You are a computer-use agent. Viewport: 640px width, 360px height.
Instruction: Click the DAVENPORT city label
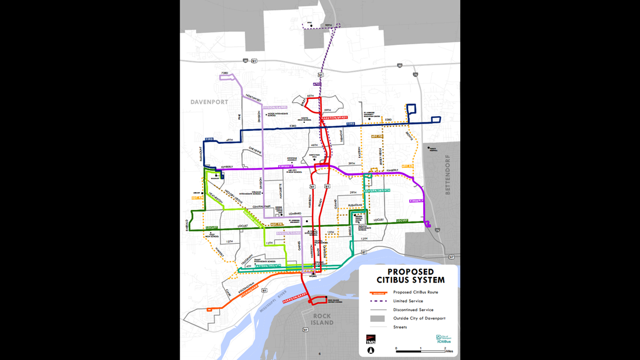click(209, 102)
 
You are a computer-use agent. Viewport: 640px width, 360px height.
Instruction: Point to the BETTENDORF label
click(447, 175)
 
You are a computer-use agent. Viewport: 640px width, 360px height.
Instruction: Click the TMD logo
click(371, 339)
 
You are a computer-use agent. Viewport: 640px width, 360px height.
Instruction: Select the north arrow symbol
click(371, 350)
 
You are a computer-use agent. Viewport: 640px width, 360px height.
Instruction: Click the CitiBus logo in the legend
click(444, 339)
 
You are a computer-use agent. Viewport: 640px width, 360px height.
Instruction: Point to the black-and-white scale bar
click(420, 349)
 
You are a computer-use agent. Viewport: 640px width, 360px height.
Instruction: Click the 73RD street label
click(225, 73)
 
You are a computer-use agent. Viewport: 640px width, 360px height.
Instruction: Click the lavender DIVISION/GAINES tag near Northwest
click(274, 107)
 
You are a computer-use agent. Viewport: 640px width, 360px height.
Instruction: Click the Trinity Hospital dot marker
click(428, 148)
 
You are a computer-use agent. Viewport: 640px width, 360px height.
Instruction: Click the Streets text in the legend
click(400, 327)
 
